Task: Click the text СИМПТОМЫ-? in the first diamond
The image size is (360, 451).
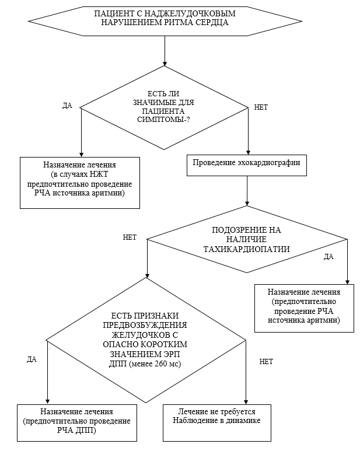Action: pyautogui.click(x=165, y=119)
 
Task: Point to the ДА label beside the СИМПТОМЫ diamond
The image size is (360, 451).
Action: pyautogui.click(x=67, y=106)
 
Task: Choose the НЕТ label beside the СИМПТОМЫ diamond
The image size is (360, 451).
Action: pyautogui.click(x=261, y=107)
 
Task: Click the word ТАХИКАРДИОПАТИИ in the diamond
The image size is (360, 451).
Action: pyautogui.click(x=247, y=249)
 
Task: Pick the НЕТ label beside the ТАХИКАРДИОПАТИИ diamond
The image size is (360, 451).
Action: pyautogui.click(x=130, y=237)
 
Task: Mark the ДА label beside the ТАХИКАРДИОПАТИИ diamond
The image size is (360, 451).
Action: pyautogui.click(x=328, y=256)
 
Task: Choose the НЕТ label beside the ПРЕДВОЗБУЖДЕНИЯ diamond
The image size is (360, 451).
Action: pyautogui.click(x=265, y=362)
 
